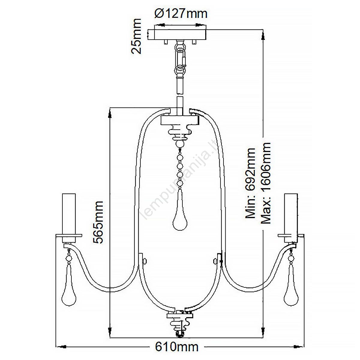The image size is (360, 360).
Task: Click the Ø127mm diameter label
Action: [x=181, y=14]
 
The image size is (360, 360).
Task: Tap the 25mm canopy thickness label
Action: [x=136, y=36]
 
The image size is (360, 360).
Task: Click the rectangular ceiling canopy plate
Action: [x=177, y=35]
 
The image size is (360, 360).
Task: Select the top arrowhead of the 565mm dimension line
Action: [x=110, y=113]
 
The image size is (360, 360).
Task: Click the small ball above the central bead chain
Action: [x=180, y=144]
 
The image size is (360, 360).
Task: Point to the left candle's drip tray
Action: [x=69, y=235]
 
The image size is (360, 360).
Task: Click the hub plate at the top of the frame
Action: [x=179, y=120]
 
